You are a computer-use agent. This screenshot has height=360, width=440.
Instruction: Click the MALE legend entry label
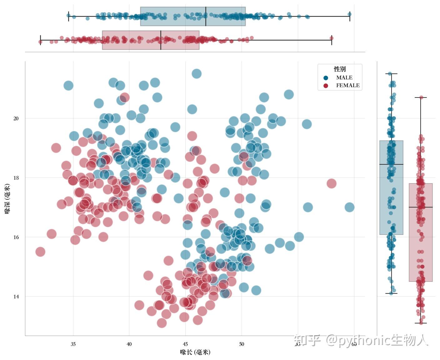pyautogui.click(x=344, y=78)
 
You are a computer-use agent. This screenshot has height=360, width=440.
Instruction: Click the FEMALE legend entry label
pyautogui.click(x=347, y=86)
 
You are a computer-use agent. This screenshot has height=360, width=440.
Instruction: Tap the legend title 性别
pyautogui.click(x=340, y=69)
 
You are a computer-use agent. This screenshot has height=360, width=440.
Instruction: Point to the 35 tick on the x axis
pyautogui.click(x=73, y=344)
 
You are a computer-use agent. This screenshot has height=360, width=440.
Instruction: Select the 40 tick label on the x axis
pyautogui.click(x=129, y=344)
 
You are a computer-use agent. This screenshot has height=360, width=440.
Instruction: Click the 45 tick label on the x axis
pyautogui.click(x=185, y=344)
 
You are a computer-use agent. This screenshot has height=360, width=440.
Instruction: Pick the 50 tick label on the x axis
pyautogui.click(x=242, y=344)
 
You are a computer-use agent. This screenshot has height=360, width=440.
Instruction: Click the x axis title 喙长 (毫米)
pyautogui.click(x=195, y=352)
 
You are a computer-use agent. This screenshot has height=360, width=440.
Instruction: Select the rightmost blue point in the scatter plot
pyautogui.click(x=349, y=207)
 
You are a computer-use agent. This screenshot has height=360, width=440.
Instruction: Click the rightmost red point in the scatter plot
pyautogui.click(x=331, y=183)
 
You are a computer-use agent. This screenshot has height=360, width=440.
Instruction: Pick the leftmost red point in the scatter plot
pyautogui.click(x=40, y=252)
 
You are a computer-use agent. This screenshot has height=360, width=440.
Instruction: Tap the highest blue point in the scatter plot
pyautogui.click(x=197, y=74)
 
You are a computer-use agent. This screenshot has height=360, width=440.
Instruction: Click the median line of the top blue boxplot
pyautogui.click(x=206, y=16)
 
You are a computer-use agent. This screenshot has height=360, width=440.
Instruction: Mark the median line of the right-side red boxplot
pyautogui.click(x=421, y=207)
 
